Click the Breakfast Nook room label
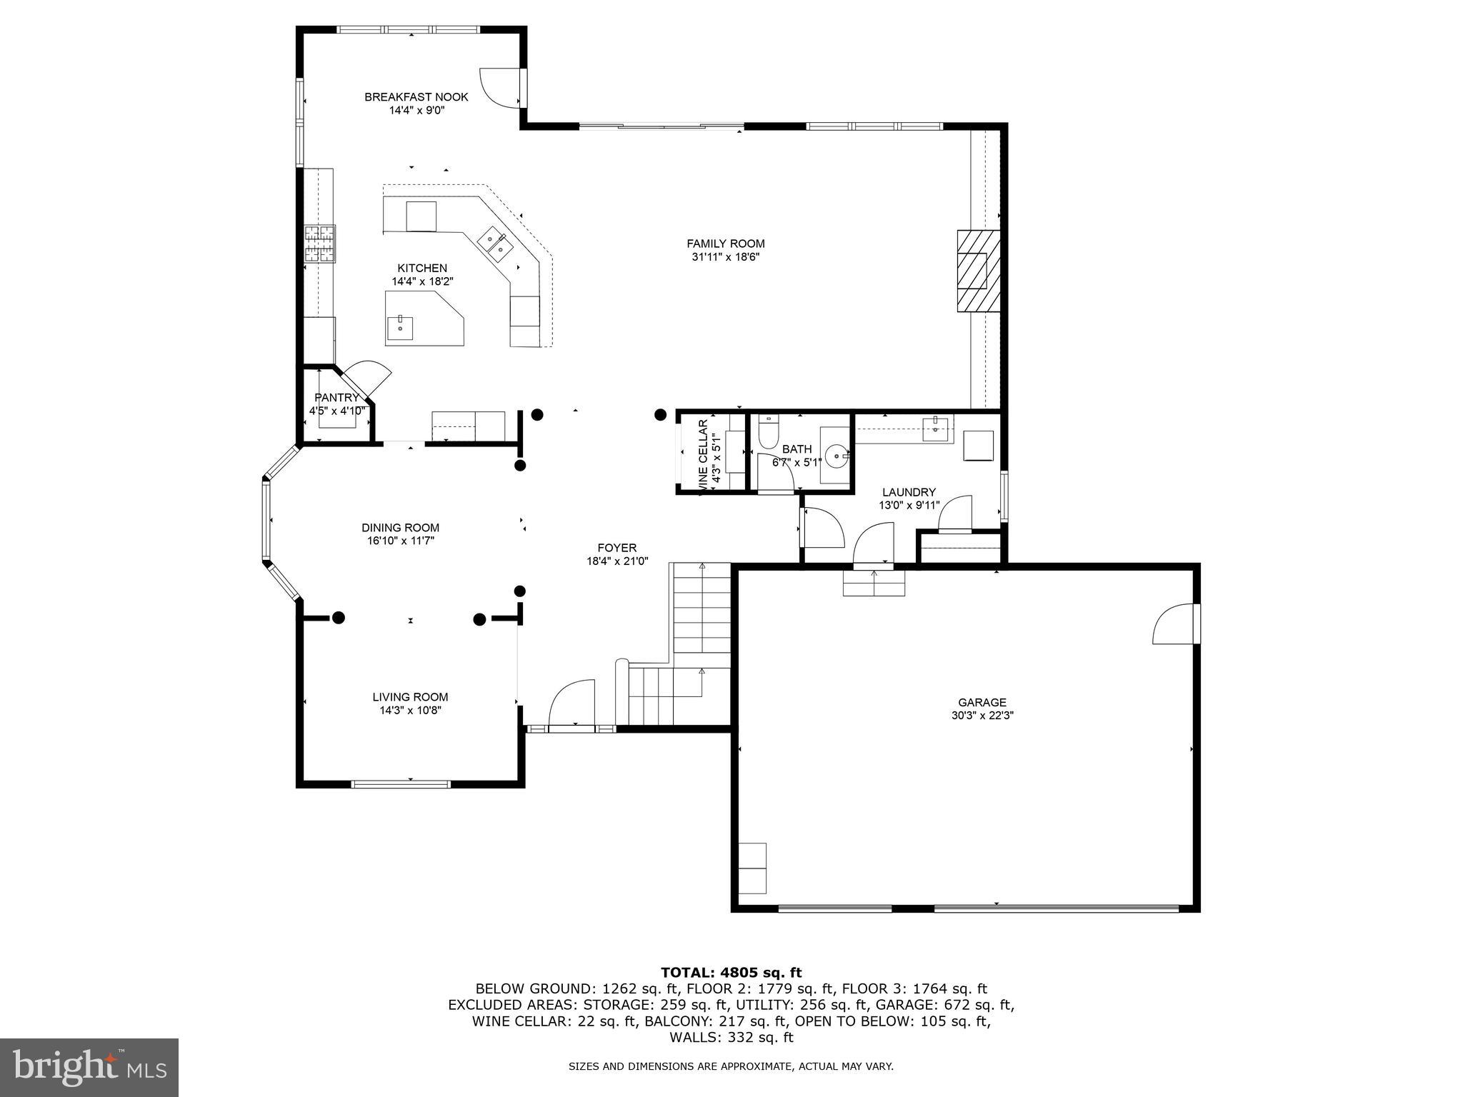[416, 97]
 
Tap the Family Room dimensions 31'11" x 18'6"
[725, 257]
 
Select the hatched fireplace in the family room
[977, 270]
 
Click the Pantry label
[336, 398]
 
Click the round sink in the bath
[837, 454]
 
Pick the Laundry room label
[908, 492]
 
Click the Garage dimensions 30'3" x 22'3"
[982, 715]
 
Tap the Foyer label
[616, 548]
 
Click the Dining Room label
[400, 528]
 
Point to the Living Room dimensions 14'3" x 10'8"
[410, 710]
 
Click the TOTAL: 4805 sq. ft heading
[731, 972]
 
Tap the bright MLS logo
[89, 1067]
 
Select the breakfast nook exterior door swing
[501, 88]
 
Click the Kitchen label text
[422, 268]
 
